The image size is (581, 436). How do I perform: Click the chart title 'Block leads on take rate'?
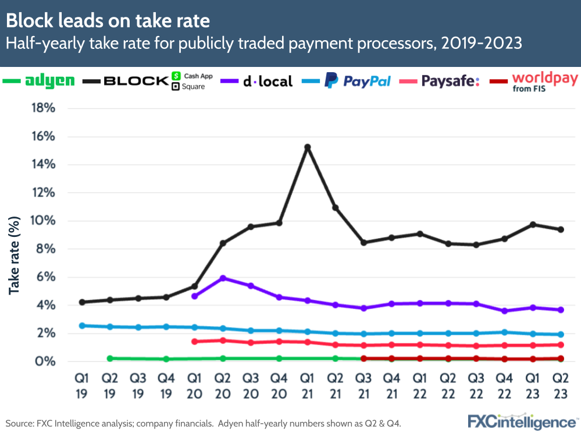[x=108, y=20]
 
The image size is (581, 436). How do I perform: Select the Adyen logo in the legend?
[x=50, y=81]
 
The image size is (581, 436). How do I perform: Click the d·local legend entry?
[x=267, y=81]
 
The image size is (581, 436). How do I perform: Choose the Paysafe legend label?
[x=450, y=81]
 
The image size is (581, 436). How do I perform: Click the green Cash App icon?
[x=176, y=76]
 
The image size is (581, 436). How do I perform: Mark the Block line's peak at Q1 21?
[x=307, y=147]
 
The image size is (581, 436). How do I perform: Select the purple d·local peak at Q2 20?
[x=223, y=278]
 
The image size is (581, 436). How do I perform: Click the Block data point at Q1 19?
[x=82, y=302]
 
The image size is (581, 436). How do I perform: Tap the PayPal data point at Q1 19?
[x=82, y=325]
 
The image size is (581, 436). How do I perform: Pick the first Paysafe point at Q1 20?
[x=195, y=342]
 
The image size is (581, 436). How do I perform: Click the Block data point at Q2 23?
[x=561, y=229]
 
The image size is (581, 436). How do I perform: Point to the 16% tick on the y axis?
[x=42, y=136]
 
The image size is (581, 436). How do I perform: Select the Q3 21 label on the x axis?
[x=363, y=387]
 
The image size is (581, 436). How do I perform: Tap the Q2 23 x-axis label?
[x=561, y=387]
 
